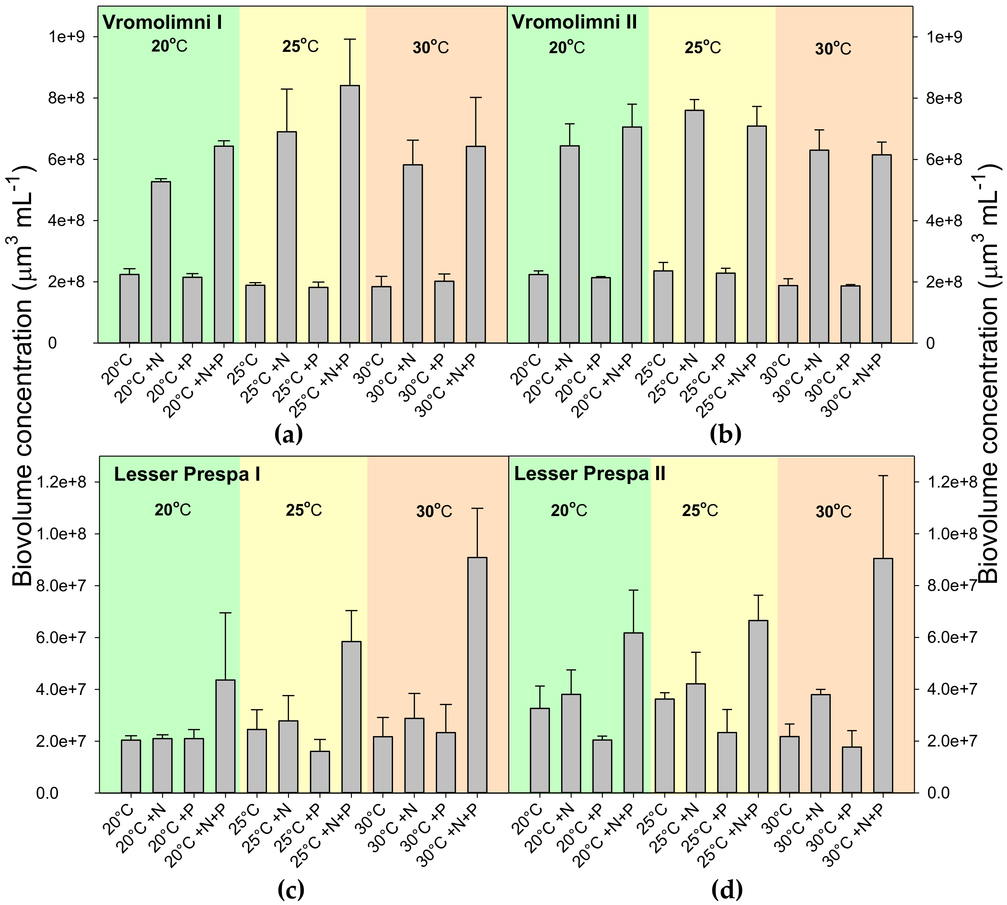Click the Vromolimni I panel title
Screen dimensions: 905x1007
click(x=162, y=22)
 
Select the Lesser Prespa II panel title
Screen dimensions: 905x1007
click(x=589, y=474)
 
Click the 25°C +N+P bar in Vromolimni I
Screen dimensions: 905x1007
click(x=350, y=214)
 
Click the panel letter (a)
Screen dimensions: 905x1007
click(x=288, y=434)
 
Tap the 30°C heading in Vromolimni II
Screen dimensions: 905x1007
click(x=833, y=49)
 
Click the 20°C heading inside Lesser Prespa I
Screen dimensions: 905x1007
click(x=172, y=510)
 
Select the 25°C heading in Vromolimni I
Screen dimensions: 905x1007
click(x=300, y=47)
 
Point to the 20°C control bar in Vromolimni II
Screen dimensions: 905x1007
click(x=538, y=308)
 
